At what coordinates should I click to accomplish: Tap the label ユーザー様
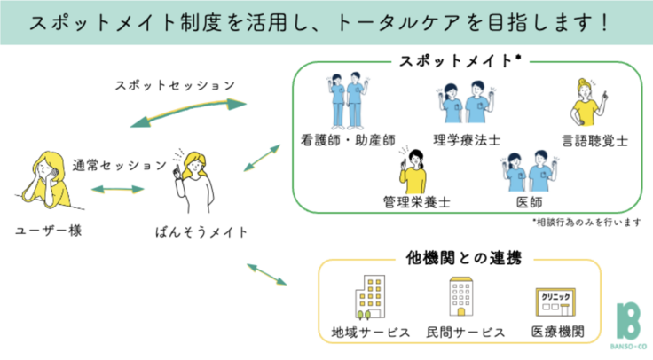(44, 231)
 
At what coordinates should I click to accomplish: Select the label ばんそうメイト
(200, 232)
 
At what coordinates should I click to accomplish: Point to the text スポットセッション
(175, 86)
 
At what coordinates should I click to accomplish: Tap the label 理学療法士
(468, 140)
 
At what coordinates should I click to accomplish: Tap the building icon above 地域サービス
(366, 298)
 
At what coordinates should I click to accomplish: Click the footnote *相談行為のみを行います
(586, 223)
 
